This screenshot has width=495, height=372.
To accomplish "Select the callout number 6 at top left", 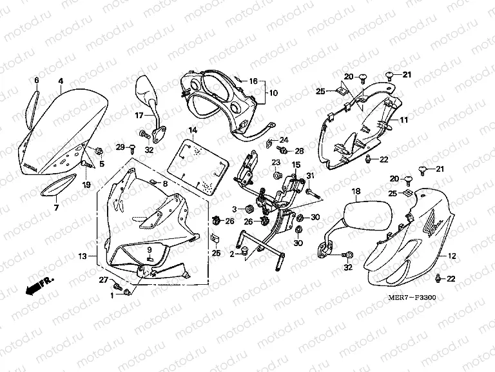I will pyautogui.click(x=36, y=80).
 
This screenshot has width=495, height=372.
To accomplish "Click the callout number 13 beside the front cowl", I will pyautogui.click(x=82, y=256).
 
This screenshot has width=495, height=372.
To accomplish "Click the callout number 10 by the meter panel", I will pyautogui.click(x=273, y=93).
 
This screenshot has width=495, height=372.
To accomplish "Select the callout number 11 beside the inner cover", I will pyautogui.click(x=404, y=120).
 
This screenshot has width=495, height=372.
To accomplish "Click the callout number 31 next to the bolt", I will pyautogui.click(x=310, y=177).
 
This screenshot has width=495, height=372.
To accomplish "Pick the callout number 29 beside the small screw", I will pyautogui.click(x=120, y=148).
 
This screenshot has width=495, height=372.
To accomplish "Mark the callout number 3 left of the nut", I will pyautogui.click(x=236, y=208).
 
